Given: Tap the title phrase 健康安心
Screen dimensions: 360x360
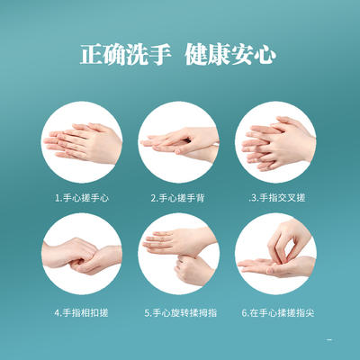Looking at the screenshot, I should tap(233, 53).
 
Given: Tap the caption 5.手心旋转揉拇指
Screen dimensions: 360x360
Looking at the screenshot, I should tap(179, 313).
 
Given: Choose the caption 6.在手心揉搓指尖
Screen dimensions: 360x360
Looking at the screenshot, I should tap(277, 313).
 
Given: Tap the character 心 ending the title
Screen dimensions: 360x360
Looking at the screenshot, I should tap(272, 53).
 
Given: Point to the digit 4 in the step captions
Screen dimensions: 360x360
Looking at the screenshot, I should tap(57, 313).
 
